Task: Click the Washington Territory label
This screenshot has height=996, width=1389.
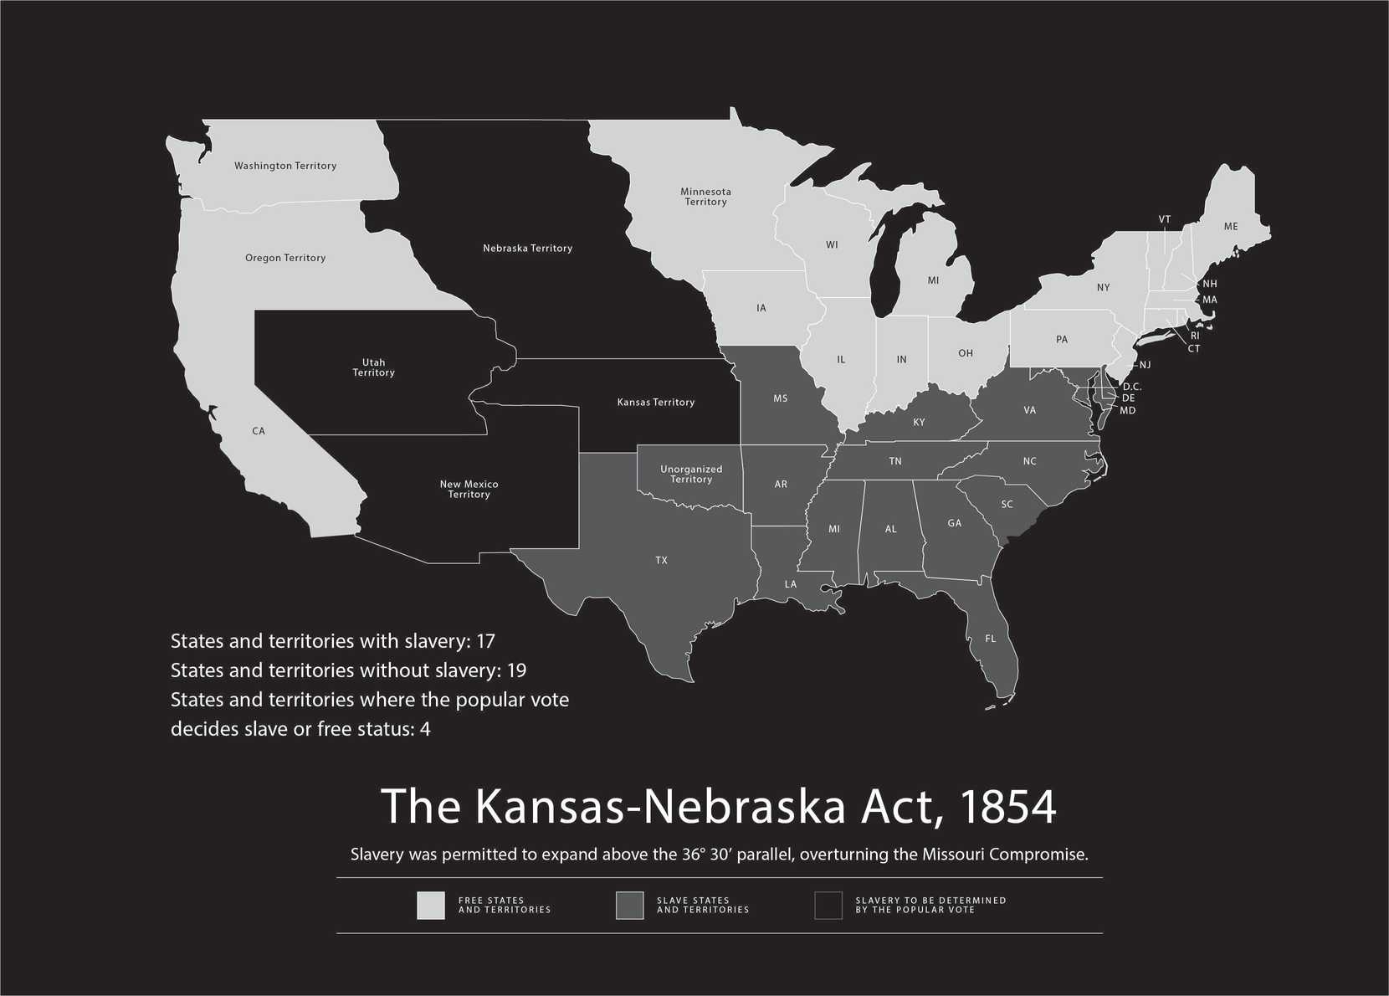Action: tap(285, 166)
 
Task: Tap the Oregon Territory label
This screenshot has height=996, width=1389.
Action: tap(285, 258)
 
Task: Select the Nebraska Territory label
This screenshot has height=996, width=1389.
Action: tap(527, 248)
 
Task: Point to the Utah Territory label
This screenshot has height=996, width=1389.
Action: tap(373, 367)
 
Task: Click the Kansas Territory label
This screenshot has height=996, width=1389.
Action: tap(656, 403)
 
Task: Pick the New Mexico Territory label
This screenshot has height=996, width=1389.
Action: tap(469, 489)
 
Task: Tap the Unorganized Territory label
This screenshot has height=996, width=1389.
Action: tap(691, 474)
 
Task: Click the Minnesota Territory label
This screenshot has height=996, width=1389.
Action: tap(705, 197)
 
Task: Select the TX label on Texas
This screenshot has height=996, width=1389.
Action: tap(661, 560)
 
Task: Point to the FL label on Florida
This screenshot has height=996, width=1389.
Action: tap(990, 639)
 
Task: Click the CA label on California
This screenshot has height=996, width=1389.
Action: tap(259, 431)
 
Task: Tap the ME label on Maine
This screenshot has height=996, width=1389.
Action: tap(1230, 227)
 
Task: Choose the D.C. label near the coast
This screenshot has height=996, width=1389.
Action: tap(1131, 387)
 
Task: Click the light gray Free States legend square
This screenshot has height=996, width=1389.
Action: tap(431, 906)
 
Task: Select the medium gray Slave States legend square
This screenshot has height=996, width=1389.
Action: tap(629, 906)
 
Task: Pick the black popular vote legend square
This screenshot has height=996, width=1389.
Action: tap(828, 906)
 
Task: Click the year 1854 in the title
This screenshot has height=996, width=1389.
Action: tap(1007, 806)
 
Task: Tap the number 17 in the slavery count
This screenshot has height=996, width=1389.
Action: tap(485, 641)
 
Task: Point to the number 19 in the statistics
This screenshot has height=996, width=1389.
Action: tap(516, 670)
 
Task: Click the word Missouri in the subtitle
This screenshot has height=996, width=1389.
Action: tap(953, 855)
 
